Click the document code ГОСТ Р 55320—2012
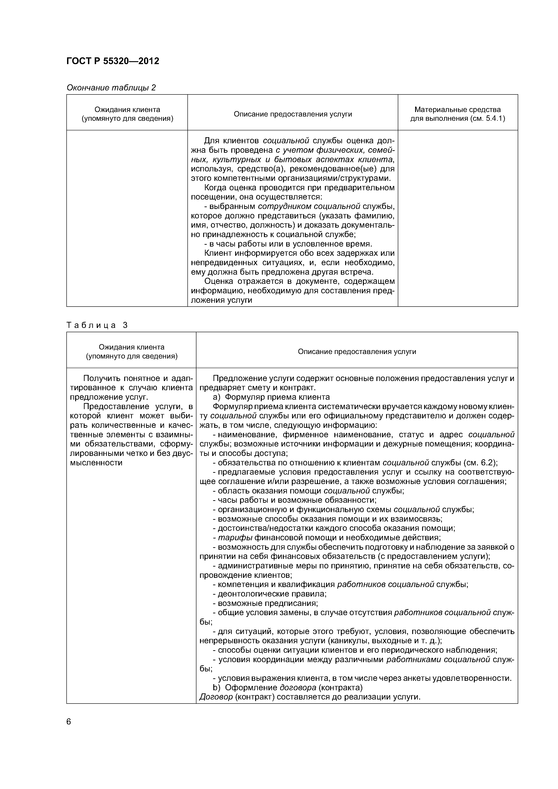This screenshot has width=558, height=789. click(x=112, y=61)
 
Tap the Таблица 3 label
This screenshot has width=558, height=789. click(x=97, y=325)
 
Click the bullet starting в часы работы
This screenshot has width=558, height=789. click(x=288, y=244)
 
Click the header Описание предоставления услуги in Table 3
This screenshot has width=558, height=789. click(x=357, y=352)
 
